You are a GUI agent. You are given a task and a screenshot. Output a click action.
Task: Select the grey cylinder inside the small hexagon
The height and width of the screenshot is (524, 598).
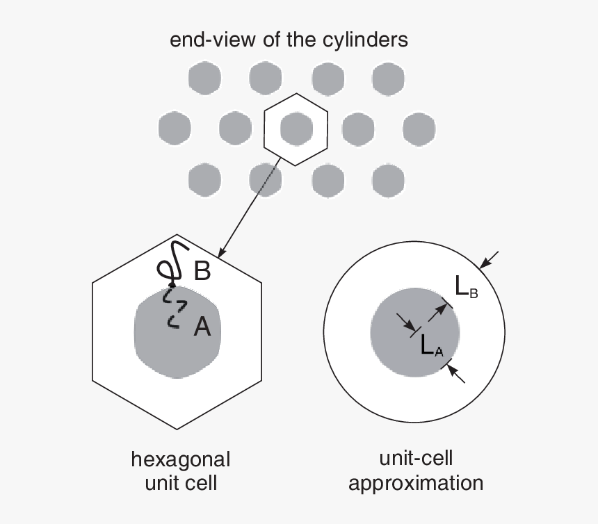coord(296,127)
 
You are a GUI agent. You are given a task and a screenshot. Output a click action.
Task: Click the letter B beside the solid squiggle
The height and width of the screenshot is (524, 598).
coord(202,271)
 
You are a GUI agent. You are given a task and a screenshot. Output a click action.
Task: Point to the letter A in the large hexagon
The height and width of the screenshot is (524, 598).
coord(201,327)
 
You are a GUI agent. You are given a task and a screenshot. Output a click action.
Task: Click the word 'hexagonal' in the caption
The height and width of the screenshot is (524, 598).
coord(181,459)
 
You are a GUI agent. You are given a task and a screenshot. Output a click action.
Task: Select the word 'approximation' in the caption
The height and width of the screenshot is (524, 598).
coord(416,482)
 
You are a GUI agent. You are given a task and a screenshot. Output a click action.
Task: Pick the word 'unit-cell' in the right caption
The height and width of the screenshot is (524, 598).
coord(416,458)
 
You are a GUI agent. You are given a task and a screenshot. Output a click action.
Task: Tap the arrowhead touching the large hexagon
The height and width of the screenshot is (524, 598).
coord(221,252)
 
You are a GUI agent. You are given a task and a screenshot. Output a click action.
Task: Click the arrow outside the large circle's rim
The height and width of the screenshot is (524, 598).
coord(490,259)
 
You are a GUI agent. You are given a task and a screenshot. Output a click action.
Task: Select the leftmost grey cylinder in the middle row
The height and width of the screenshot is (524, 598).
coord(175,128)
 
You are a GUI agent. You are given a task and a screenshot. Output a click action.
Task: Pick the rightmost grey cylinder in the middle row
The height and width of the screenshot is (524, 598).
coord(419,128)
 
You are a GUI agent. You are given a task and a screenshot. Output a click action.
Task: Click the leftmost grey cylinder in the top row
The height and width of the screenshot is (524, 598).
coord(204,76)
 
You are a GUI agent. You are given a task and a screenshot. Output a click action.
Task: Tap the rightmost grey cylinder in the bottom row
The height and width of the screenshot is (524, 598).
coord(389,180)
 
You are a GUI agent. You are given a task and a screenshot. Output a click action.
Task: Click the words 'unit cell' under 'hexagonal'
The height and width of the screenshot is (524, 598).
coord(181,483)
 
